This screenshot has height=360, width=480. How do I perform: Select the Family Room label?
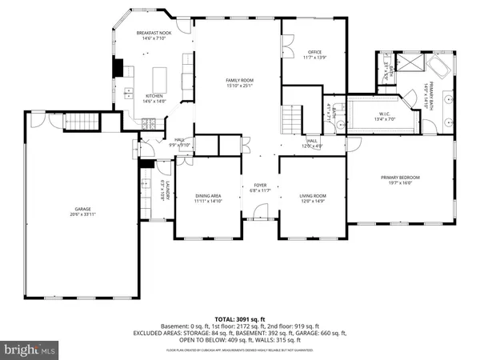pos(237,84)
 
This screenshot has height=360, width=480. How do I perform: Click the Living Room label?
pos(313,198)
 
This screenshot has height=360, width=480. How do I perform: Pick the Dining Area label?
pos(208,198)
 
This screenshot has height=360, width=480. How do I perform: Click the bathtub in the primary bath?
pos(439,66)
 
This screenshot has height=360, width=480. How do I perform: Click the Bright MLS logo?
pos(30,349)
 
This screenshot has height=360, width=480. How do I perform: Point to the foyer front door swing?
pos(260,212)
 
